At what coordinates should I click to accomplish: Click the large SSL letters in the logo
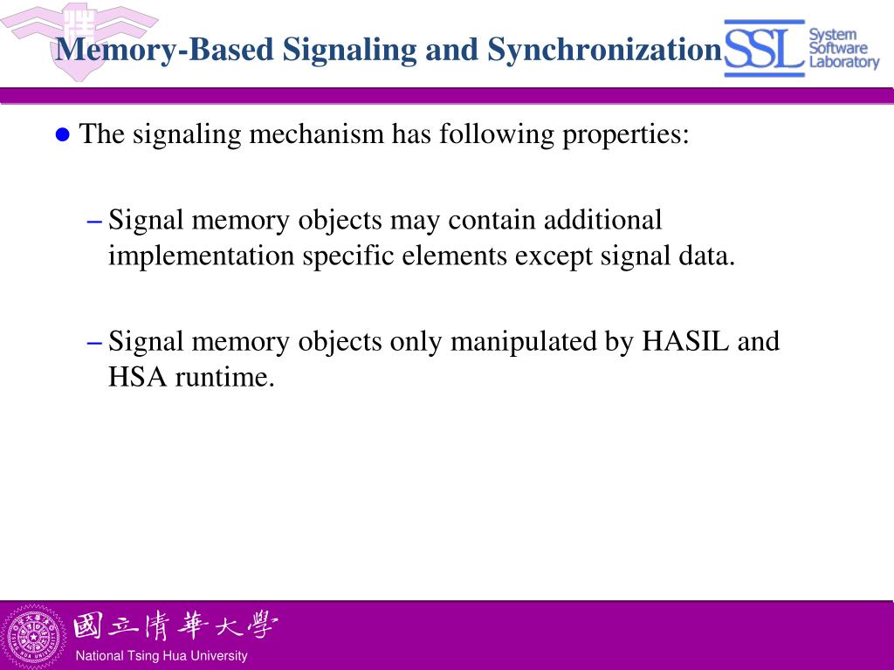(x=764, y=49)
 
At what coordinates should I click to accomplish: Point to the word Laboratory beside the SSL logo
(x=843, y=62)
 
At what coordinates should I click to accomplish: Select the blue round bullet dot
(x=61, y=134)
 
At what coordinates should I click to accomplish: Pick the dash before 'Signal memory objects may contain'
(x=96, y=221)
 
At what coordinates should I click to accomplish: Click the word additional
(x=603, y=220)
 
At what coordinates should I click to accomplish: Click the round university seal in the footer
(x=33, y=635)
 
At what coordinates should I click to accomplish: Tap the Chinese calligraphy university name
(x=175, y=626)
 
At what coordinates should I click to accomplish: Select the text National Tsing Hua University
(x=162, y=656)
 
